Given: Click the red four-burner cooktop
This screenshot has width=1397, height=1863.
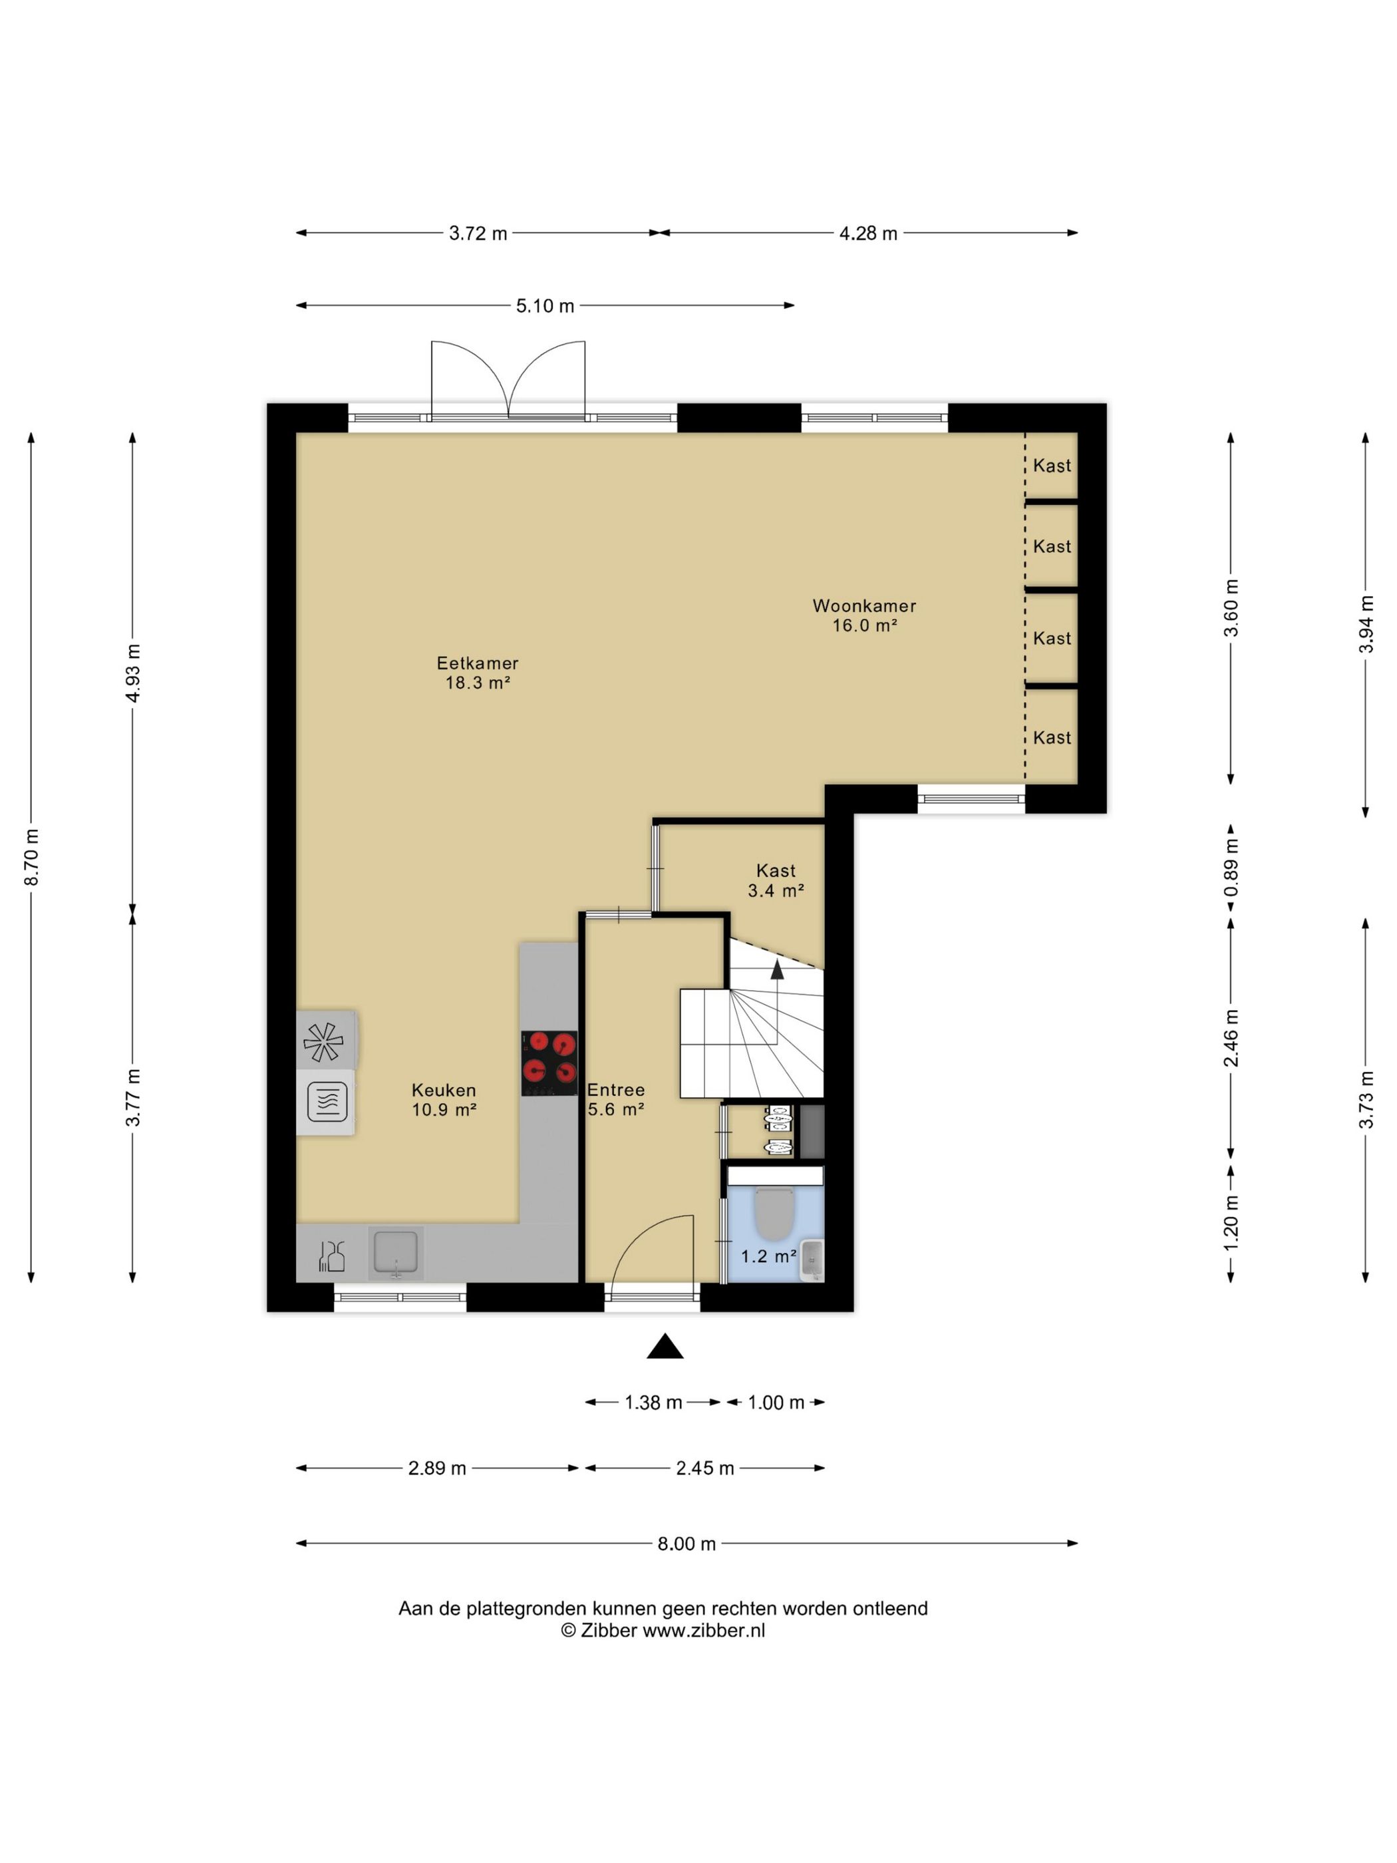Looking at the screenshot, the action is [x=549, y=1063].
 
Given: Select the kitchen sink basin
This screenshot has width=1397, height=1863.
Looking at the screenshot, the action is [x=395, y=1252].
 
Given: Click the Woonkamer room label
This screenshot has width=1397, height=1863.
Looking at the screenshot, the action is [x=864, y=605].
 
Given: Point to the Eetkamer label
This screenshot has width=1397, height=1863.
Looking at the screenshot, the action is [x=478, y=663].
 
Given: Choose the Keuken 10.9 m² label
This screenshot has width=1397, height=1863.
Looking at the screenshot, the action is [x=444, y=1099].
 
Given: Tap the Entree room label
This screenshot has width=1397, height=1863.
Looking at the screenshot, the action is [x=617, y=1090].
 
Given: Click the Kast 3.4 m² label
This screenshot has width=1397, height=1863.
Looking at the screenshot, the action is [x=776, y=880].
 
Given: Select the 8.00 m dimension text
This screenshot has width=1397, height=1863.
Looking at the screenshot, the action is [x=687, y=1544].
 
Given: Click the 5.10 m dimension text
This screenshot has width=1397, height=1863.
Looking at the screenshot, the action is [x=545, y=305].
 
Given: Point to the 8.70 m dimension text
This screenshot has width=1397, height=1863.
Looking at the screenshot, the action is [x=31, y=856].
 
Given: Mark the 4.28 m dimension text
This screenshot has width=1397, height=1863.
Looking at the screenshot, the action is [x=868, y=234].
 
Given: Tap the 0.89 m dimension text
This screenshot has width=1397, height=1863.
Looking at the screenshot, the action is [x=1231, y=868].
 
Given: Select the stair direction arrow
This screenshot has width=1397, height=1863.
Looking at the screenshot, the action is [x=777, y=969].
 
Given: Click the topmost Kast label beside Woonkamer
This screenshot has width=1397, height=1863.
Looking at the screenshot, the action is [x=1052, y=466].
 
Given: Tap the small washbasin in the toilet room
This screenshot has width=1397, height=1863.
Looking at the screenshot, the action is [x=812, y=1260].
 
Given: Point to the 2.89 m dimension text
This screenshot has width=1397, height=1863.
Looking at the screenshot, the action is [x=437, y=1468].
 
